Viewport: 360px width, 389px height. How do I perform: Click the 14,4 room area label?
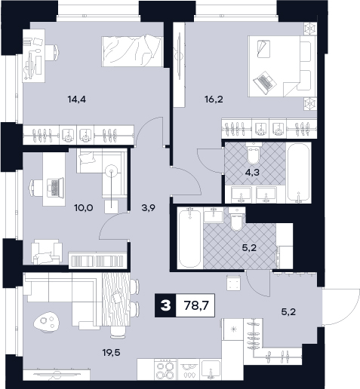pos(77,100)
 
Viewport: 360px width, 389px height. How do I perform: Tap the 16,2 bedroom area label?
pos(214,100)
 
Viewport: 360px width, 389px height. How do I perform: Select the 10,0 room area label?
pos(84,208)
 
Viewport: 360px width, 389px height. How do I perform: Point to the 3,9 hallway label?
pos(149,208)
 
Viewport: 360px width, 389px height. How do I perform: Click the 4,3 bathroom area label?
pos(252,173)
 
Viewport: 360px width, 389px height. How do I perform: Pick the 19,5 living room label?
pos(111,353)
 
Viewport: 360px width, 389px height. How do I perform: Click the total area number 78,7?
pos(195,305)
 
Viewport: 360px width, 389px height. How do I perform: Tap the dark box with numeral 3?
pos(165,305)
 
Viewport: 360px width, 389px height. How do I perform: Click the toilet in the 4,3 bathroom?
pos(254,153)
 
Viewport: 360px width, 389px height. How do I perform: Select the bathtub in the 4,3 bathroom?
pos(298,173)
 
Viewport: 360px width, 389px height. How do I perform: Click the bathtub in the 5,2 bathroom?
pos(189,238)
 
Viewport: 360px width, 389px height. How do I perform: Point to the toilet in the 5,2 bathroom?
pos(236,219)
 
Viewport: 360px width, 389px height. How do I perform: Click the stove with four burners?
pos(165,369)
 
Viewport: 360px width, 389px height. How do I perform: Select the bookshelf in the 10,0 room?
pos(97,261)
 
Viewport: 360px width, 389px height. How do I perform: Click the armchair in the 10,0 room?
pos(47,252)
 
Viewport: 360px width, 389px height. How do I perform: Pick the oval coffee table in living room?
pos(46,322)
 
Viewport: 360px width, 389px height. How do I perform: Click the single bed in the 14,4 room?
pos(131,51)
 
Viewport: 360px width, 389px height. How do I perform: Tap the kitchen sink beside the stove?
pos(211,369)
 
